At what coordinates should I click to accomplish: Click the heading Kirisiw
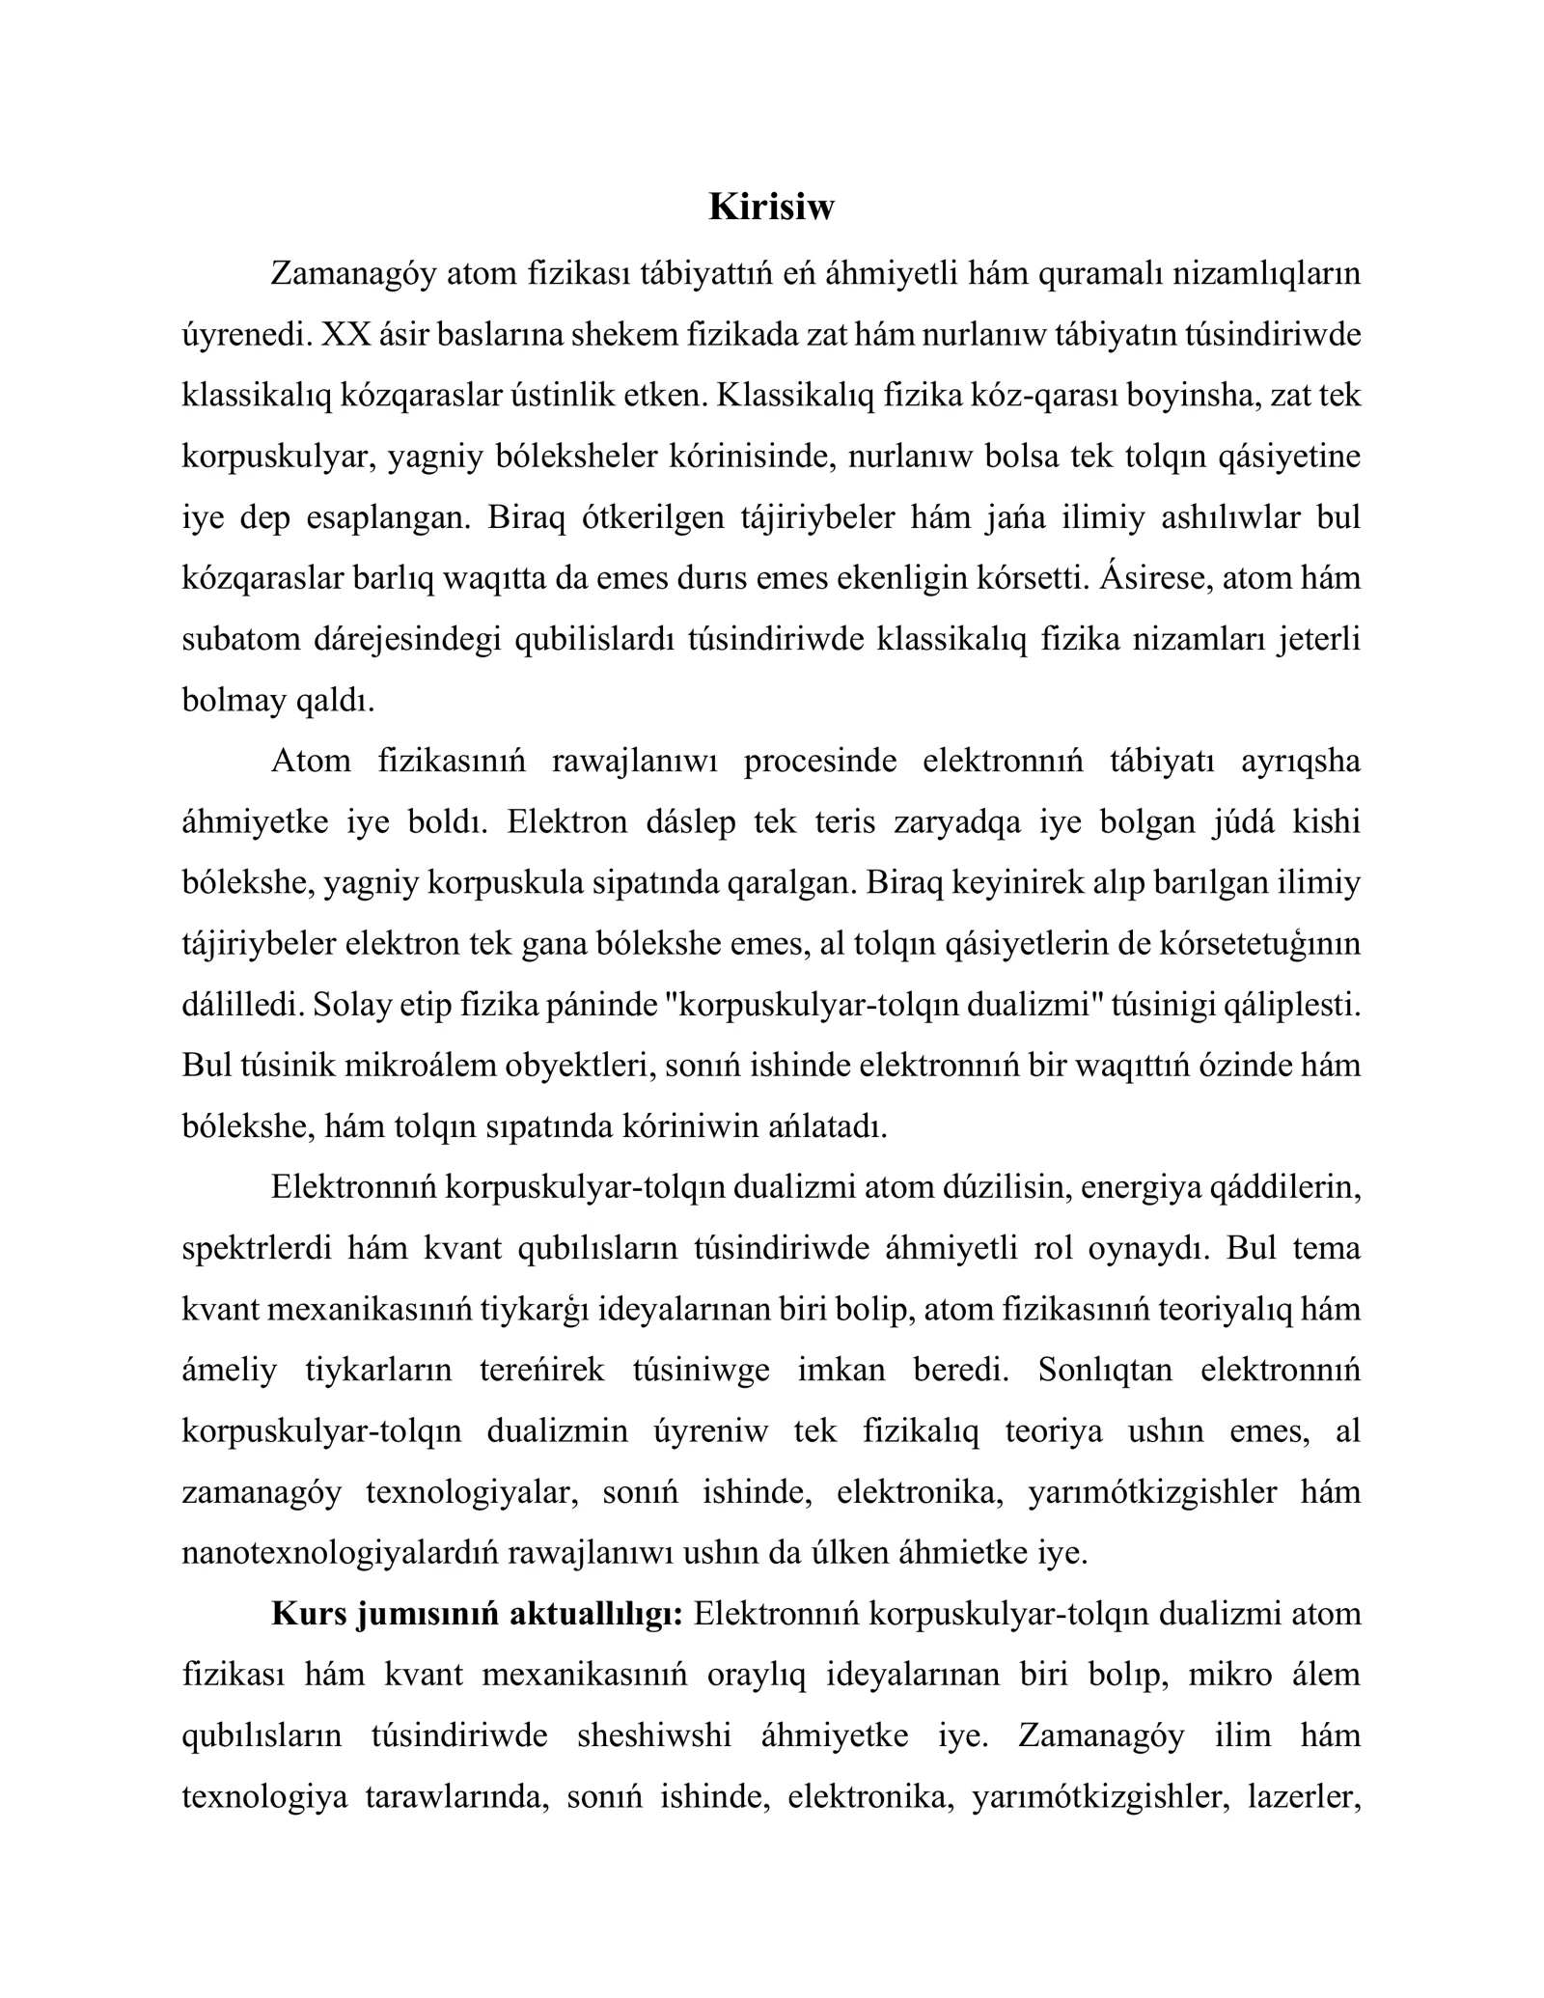pyautogui.click(x=771, y=207)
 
